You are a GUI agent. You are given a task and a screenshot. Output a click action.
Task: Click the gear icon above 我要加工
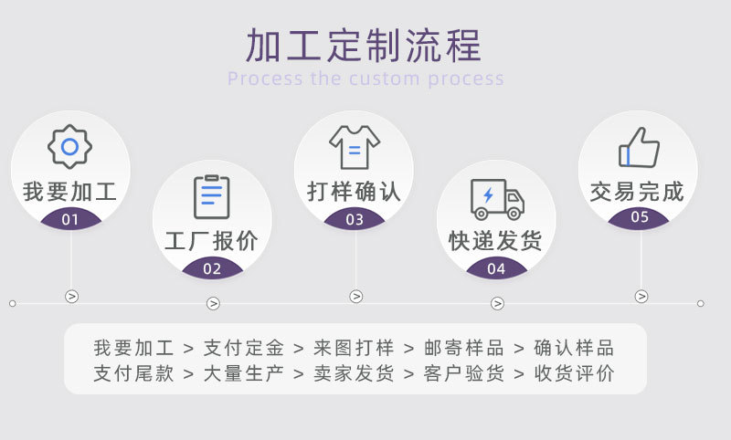[x=70, y=147]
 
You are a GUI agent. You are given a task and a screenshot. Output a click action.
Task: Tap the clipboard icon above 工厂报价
[x=212, y=196]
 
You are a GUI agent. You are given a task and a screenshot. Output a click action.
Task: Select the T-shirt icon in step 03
[x=355, y=147]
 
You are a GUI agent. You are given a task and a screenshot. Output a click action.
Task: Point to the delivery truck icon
[x=497, y=198]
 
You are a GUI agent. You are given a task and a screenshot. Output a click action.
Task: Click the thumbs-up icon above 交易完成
[x=639, y=147]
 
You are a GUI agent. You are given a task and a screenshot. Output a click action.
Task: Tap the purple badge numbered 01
[x=70, y=219]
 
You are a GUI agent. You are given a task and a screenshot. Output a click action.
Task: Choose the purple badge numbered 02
[x=212, y=268]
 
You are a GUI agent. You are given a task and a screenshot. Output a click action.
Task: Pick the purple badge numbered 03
[x=355, y=219]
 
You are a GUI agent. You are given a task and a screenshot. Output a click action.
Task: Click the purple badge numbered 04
[x=496, y=268]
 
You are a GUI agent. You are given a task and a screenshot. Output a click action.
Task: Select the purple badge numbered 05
[x=640, y=217]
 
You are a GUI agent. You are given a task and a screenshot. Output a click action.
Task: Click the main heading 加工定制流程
[x=364, y=45]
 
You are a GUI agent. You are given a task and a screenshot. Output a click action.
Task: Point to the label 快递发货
[x=495, y=241]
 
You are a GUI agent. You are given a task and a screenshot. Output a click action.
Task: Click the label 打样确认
[x=355, y=192]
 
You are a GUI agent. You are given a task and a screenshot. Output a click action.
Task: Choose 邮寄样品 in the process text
[x=454, y=348]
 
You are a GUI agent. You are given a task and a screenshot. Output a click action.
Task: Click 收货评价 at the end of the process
[x=575, y=373]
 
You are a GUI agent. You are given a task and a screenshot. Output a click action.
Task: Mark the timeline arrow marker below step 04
[x=497, y=303]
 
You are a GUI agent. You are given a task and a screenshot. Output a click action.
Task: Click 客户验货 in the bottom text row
[x=464, y=373]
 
